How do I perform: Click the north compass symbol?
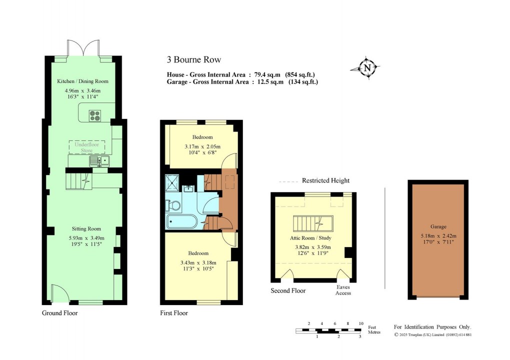click(367, 68)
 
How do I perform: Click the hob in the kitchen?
click(95, 116)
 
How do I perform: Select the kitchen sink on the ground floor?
click(98, 160)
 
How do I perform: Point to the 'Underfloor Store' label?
click(87, 147)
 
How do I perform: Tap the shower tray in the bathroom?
click(173, 183)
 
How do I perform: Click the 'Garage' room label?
click(438, 226)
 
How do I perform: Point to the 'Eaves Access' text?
click(343, 290)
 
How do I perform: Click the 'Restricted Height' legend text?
click(325, 180)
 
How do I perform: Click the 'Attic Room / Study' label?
click(311, 238)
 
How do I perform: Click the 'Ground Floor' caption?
click(59, 313)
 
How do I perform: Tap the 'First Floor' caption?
click(174, 313)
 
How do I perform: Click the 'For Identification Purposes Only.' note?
click(432, 326)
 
